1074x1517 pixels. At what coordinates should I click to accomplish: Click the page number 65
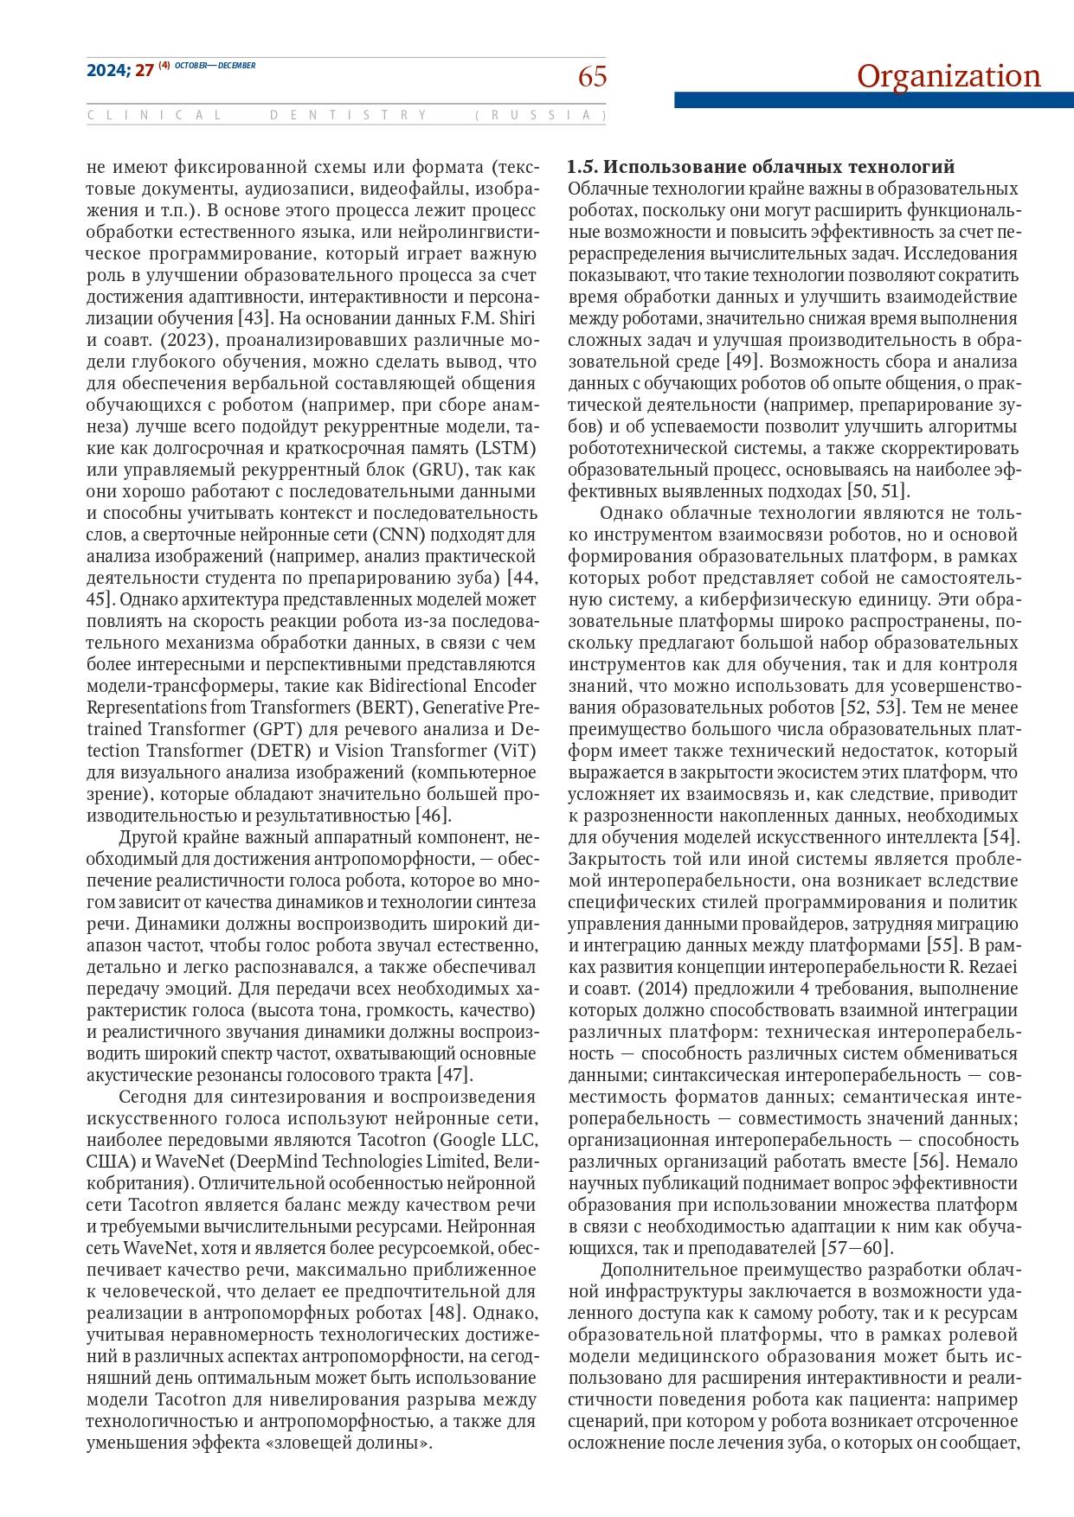coord(592,78)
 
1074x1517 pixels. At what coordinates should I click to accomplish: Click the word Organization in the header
coord(949,76)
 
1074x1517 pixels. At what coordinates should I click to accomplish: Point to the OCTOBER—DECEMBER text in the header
coord(215,66)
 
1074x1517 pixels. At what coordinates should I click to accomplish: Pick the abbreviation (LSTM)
coord(505,448)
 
